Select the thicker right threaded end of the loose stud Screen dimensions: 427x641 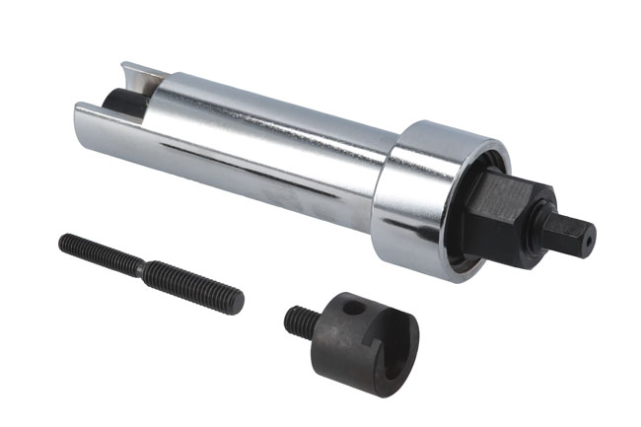(x=197, y=286)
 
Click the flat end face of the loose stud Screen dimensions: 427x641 (x=238, y=301)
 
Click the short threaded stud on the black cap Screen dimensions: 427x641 (x=301, y=320)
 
